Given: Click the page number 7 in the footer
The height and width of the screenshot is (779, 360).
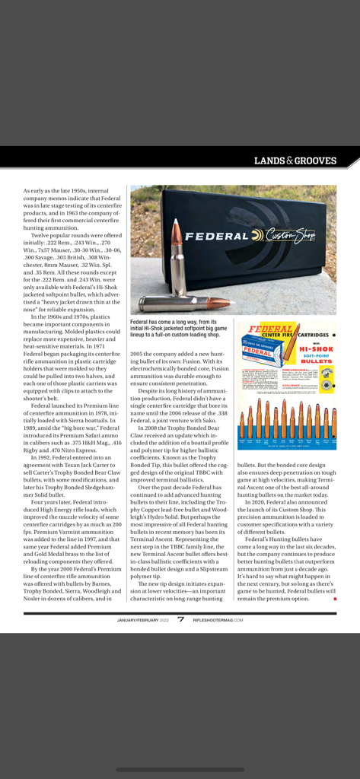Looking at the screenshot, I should click(x=180, y=619).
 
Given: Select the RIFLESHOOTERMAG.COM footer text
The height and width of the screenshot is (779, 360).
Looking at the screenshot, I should click(x=218, y=620).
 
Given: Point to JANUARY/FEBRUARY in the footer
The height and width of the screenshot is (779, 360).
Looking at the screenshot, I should click(x=138, y=620).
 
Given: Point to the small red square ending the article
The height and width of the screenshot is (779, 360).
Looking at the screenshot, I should click(x=333, y=599).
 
